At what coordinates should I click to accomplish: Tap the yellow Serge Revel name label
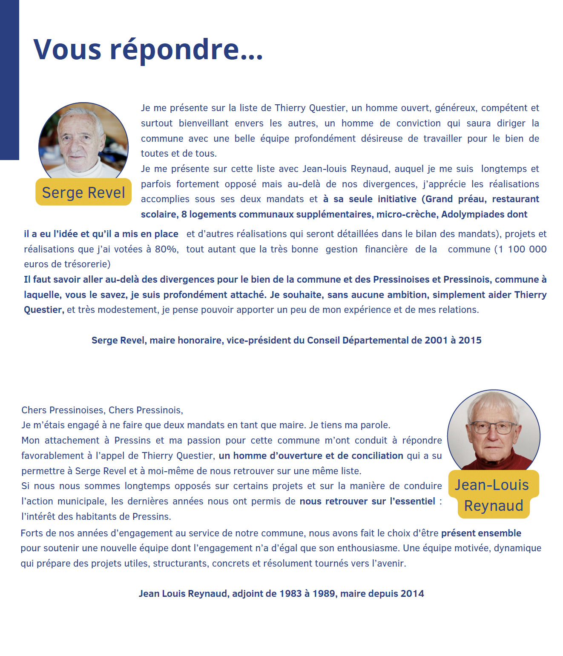[83, 192]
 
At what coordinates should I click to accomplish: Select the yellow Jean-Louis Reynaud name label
[493, 495]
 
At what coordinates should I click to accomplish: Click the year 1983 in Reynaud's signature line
[290, 594]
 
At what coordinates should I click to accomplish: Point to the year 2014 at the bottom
[412, 594]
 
